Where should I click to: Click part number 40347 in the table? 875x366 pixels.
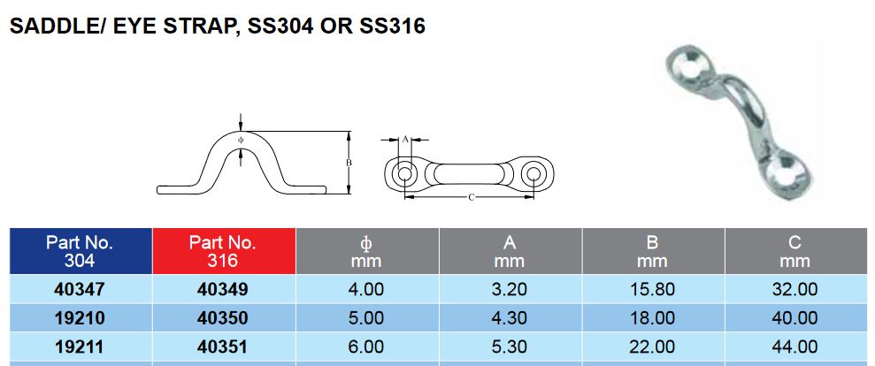[x=80, y=289]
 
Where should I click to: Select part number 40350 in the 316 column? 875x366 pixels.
[x=223, y=318]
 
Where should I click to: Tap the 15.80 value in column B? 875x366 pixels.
[x=652, y=289]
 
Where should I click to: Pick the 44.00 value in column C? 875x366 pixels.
[x=794, y=347]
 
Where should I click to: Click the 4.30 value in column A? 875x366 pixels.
[x=510, y=318]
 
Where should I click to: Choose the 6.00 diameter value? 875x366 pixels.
[x=366, y=347]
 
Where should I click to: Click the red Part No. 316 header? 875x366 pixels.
[x=223, y=251]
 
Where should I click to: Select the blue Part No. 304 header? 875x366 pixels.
[x=80, y=251]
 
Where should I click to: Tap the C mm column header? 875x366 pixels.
[x=794, y=251]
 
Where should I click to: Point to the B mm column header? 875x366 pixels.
[x=652, y=251]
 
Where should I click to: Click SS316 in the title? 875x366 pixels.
[x=393, y=27]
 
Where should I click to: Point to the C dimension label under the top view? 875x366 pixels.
[x=470, y=198]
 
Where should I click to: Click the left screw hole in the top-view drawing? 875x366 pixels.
[x=404, y=173]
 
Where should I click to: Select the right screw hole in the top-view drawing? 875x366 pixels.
[x=534, y=173]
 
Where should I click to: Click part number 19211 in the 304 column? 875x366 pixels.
[x=80, y=347]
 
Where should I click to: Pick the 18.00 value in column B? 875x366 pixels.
[x=652, y=318]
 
